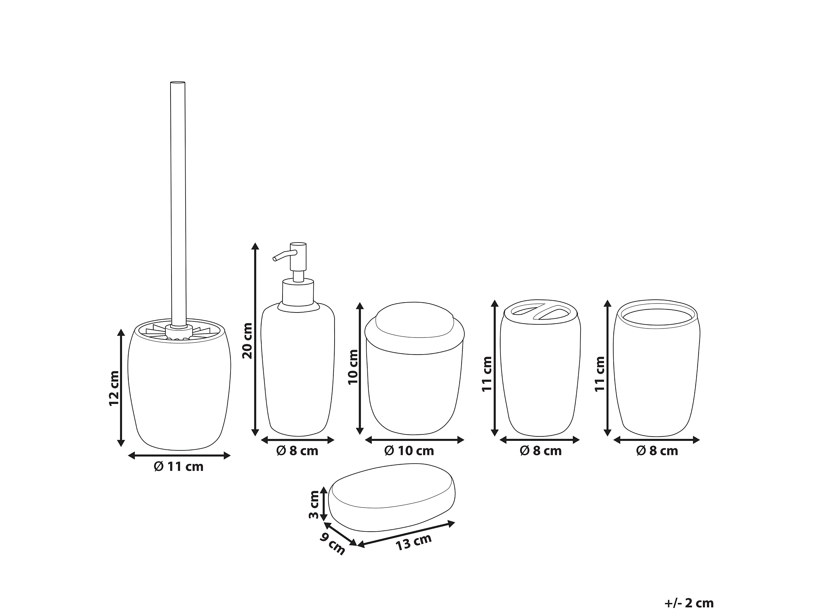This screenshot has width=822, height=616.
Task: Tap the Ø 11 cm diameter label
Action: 179,467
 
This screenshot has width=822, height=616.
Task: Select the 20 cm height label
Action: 247,341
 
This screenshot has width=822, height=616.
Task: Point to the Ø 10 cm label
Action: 409,451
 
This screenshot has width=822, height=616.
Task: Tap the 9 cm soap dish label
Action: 333,543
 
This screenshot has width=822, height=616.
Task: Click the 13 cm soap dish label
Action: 413,543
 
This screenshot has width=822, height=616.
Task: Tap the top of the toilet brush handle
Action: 178,82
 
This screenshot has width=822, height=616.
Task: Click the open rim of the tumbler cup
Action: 657,314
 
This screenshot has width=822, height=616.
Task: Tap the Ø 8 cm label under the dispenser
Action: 297,451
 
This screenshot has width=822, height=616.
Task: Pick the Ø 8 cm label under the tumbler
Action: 657,451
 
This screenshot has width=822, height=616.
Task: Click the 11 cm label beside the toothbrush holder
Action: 487,374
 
